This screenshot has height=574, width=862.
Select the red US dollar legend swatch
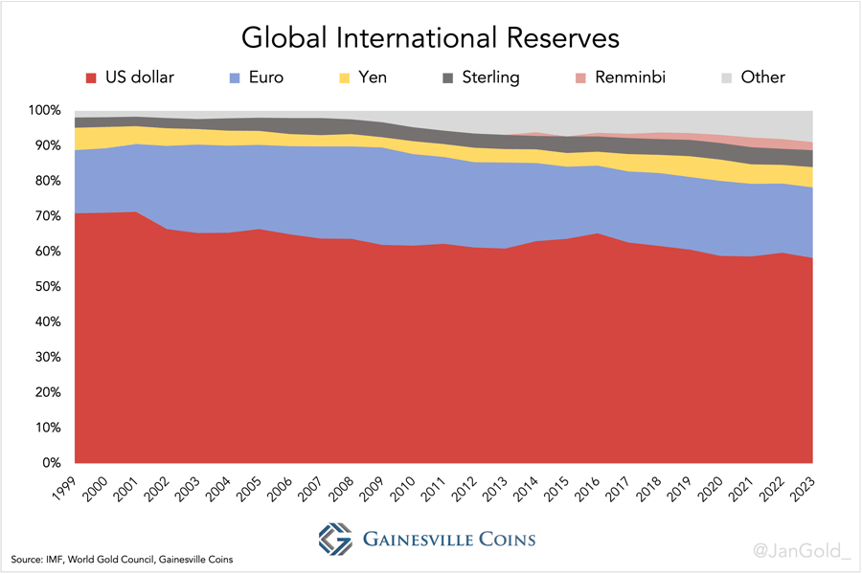click(92, 77)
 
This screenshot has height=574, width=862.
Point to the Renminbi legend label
click(629, 77)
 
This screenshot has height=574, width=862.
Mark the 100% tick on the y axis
click(44, 111)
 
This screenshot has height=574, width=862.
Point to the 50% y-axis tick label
click(47, 287)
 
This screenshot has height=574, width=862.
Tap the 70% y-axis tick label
click(47, 216)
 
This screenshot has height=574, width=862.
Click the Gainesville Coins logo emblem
click(335, 539)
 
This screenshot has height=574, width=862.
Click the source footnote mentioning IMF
click(122, 559)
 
